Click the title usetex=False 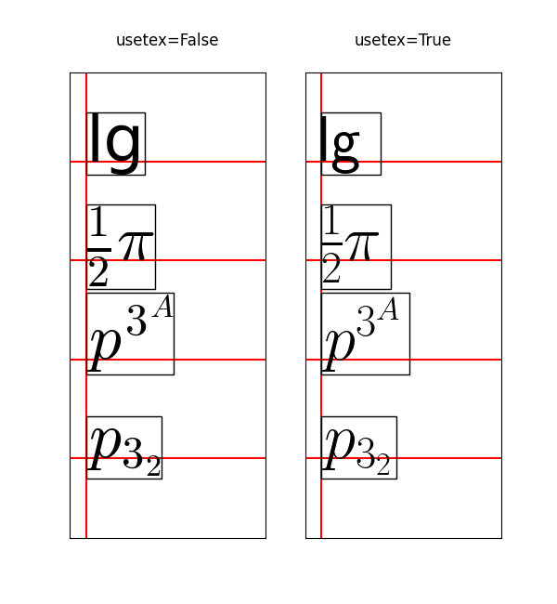tap(167, 41)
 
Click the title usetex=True tap(403, 41)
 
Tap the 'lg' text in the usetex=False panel tap(115, 143)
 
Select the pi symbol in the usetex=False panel tap(134, 246)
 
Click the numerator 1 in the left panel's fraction tap(98, 224)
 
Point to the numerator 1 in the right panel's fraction tap(331, 224)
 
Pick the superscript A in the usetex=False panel tap(162, 307)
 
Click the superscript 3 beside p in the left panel tap(136, 322)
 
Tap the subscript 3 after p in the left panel tap(133, 455)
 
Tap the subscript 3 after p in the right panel tap(367, 456)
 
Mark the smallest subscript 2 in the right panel tap(383, 466)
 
